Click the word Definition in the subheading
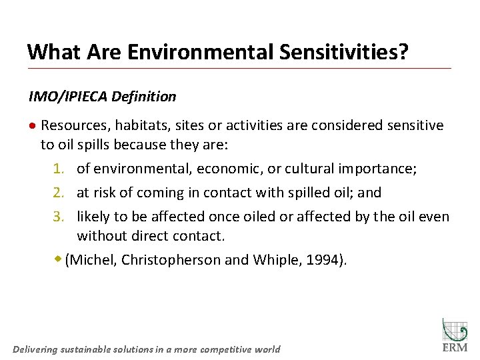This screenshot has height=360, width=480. coord(144,97)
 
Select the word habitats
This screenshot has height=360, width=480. coord(138,125)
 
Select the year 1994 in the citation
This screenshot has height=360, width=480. coord(322,260)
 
